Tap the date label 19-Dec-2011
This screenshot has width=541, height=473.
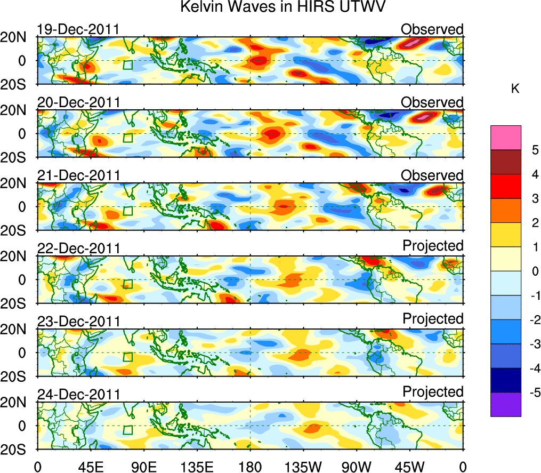click(78, 29)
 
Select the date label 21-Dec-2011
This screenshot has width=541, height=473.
click(78, 175)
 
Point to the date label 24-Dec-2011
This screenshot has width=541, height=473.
click(78, 395)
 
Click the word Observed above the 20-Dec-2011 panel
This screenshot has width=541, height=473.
click(432, 102)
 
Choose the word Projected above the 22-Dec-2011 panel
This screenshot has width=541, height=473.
click(433, 246)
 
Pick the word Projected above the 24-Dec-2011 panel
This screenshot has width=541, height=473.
click(433, 392)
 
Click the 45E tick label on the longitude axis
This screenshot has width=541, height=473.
click(91, 466)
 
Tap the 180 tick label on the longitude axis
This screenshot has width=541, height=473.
click(251, 466)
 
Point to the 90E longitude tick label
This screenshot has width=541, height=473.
click(144, 466)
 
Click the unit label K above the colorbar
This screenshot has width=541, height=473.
click(515, 89)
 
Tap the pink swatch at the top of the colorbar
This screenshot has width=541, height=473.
click(505, 138)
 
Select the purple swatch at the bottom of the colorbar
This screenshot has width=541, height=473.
click(505, 404)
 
